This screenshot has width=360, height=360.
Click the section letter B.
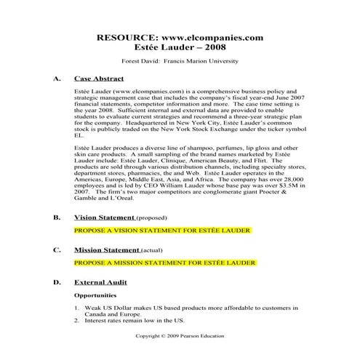tap(57, 217)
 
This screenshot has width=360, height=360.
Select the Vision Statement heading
tap(105, 217)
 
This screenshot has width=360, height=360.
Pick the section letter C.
tap(57, 249)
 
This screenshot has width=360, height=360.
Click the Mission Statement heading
tap(106, 249)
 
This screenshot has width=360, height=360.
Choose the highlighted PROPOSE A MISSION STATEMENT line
tap(165, 262)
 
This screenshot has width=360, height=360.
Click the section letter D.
tap(57, 281)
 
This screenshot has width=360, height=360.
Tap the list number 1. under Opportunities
tap(77, 308)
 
